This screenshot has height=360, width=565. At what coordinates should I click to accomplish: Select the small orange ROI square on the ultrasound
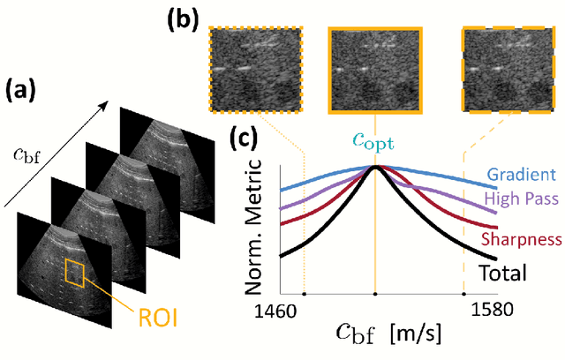pos(73,273)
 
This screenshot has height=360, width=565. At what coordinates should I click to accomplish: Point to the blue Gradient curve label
pos(522,174)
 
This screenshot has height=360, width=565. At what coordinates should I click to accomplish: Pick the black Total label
pos(502,273)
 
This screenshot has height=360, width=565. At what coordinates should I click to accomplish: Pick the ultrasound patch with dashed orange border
pos(509,69)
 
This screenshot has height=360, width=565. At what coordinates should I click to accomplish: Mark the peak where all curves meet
pos(376,166)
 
